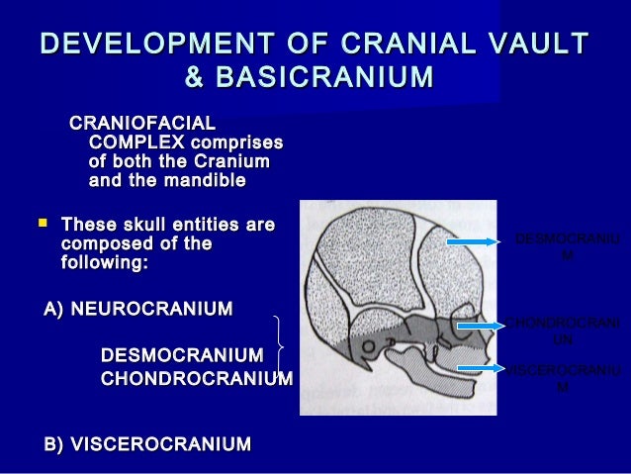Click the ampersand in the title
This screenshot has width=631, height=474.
click(198, 77)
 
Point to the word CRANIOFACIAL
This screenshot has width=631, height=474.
click(140, 124)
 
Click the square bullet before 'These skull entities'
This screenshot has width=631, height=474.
click(42, 226)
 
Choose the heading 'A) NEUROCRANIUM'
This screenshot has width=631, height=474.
click(138, 310)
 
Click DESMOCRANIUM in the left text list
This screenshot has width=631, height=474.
click(182, 355)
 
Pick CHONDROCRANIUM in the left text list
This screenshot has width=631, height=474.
click(197, 379)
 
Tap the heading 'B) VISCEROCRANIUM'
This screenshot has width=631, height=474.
click(147, 444)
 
